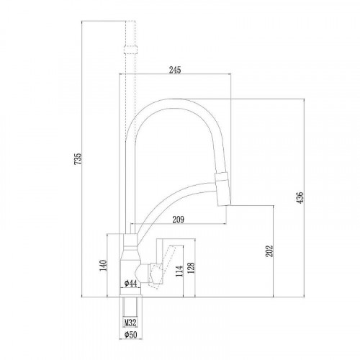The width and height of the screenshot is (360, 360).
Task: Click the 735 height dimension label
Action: (78, 158)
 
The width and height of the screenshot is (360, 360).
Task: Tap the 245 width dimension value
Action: (175, 70)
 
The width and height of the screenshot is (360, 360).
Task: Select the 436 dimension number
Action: (300, 197)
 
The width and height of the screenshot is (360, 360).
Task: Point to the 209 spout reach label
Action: (179, 220)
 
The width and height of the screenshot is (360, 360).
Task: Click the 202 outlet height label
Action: (270, 251)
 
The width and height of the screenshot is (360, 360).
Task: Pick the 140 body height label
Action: (103, 266)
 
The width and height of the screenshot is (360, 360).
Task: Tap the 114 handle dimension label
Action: (179, 271)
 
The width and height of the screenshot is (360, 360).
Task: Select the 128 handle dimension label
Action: (192, 268)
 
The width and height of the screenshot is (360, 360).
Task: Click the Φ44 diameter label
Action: (131, 284)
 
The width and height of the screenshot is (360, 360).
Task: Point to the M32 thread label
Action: (130, 323)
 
